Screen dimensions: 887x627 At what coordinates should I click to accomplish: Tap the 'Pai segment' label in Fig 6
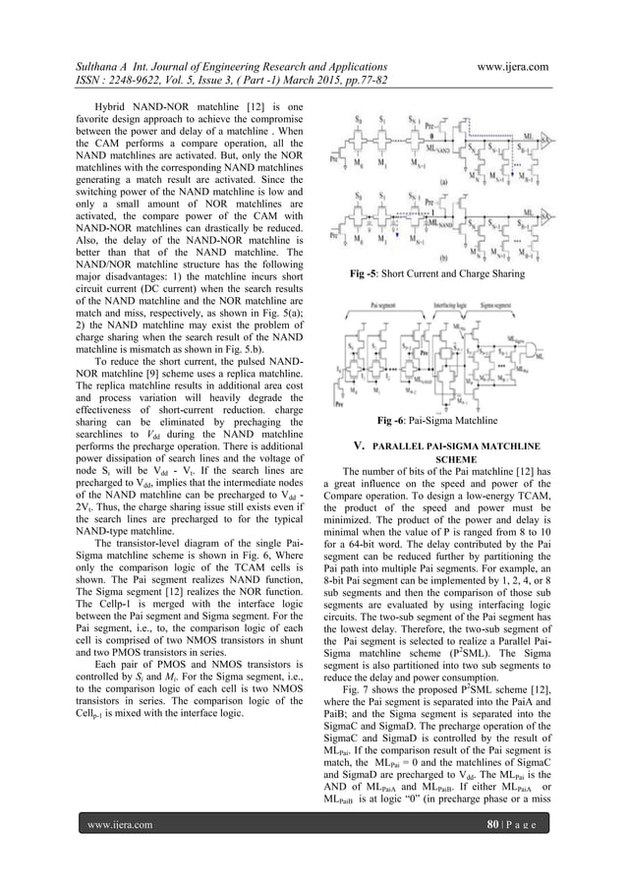coord(370,308)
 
